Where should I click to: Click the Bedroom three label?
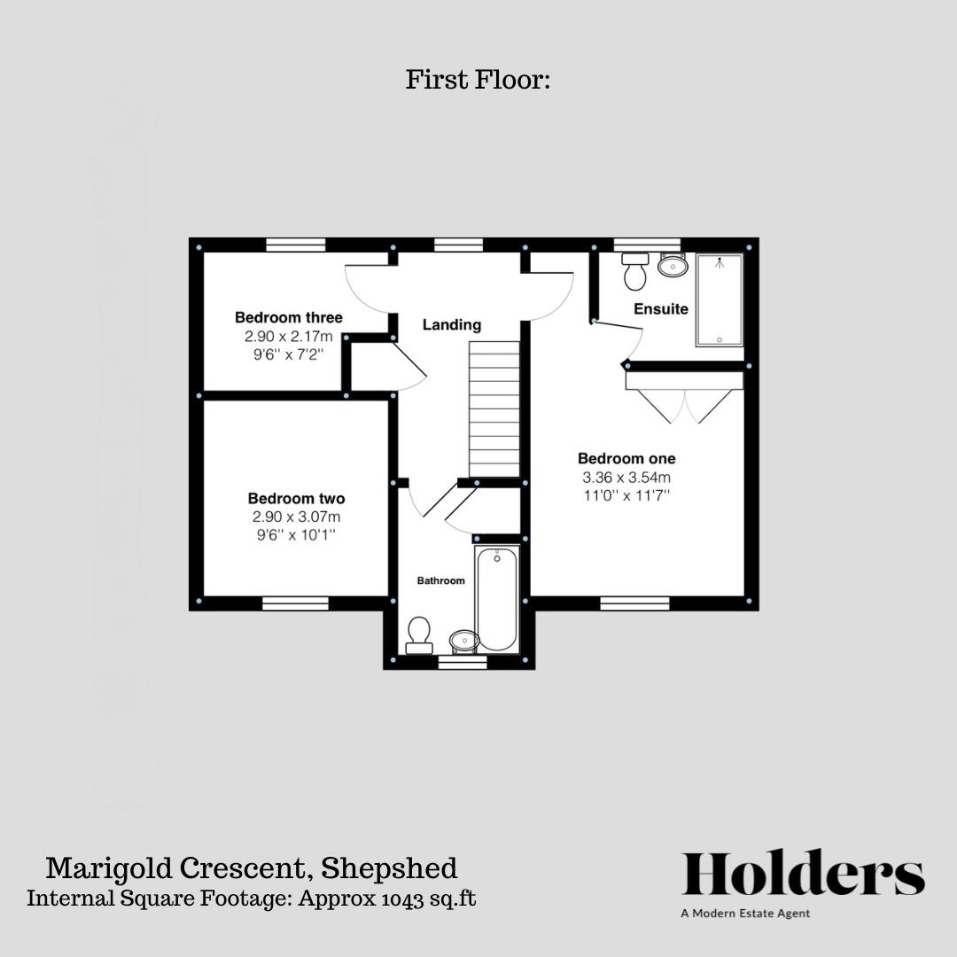coord(288,317)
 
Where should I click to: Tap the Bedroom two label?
coord(296,499)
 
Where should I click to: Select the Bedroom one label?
coord(626,459)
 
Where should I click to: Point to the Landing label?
coord(451,325)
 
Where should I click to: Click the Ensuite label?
coord(660,309)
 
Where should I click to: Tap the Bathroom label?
coord(440,581)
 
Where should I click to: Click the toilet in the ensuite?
coord(634,272)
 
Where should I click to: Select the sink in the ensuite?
coord(673,264)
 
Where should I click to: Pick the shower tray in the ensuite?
coord(720,300)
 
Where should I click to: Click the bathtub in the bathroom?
coord(496,598)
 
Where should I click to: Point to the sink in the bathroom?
coord(463,640)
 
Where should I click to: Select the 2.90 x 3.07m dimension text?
coord(296,517)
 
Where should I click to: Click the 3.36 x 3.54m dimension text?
coord(626,478)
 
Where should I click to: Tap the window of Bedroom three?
coord(295,245)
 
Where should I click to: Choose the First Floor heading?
coord(478,80)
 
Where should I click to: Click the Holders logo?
coord(803,874)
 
